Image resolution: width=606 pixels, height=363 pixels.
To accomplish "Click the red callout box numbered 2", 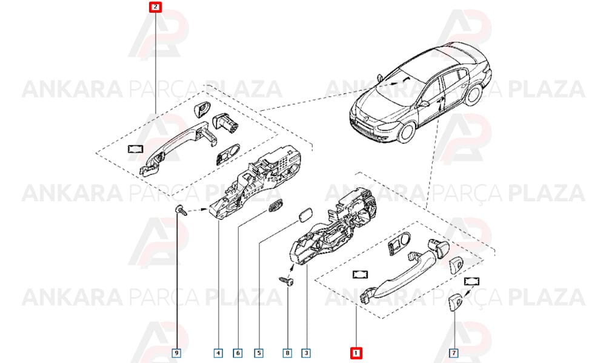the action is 155,7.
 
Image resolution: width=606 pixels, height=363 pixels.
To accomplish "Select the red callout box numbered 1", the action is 356,353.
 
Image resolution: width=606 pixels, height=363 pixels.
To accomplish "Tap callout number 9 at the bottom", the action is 176,353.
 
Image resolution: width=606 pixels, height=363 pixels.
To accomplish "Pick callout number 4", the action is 218,353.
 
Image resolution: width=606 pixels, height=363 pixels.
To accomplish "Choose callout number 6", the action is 238,353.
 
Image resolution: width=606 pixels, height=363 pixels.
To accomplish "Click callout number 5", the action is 259,353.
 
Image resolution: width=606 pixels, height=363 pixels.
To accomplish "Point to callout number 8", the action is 287,353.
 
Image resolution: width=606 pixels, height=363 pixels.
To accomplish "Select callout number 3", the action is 306,353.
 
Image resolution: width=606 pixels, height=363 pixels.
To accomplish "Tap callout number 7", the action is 454,353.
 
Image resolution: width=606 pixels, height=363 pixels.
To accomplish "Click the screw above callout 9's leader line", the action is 181,211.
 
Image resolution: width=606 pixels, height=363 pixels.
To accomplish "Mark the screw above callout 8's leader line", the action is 287,281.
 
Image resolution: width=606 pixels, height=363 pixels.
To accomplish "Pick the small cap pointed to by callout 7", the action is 454,301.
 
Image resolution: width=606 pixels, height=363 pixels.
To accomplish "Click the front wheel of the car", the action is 406,131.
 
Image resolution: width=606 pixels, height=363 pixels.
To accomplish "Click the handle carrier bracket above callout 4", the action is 255,181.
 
